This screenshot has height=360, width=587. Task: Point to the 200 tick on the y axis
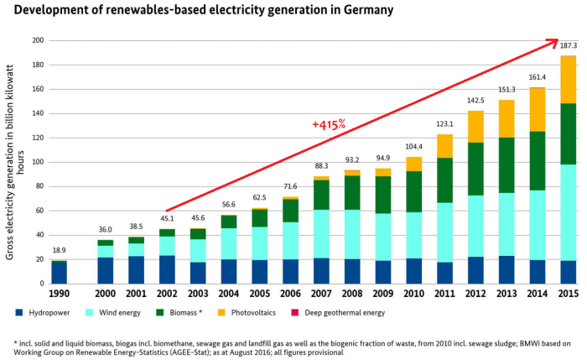pyautogui.click(x=38, y=40)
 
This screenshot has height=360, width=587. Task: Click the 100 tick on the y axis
pyautogui.click(x=38, y=162)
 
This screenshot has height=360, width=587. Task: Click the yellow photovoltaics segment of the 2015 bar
pyautogui.click(x=568, y=80)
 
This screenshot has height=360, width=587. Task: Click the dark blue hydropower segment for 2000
pyautogui.click(x=106, y=270)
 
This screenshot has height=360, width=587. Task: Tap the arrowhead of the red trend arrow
pyautogui.click(x=553, y=40)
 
